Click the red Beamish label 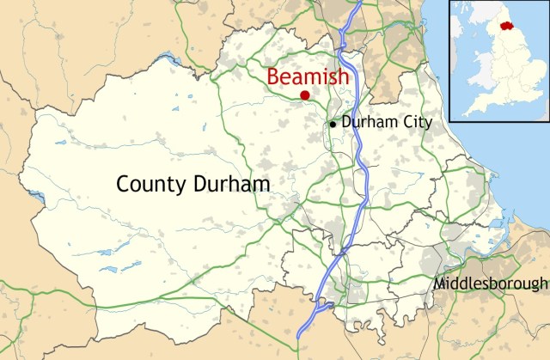click(308, 76)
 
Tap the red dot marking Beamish click(305, 95)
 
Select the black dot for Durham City click(333, 124)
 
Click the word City click(415, 122)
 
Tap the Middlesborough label click(491, 284)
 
